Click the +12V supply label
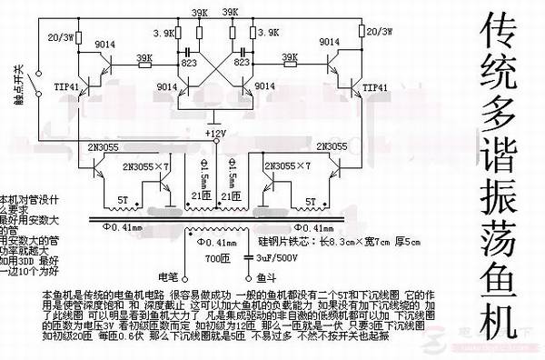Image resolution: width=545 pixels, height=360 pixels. pos(215,134)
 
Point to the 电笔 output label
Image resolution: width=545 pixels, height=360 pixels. pos(169,275)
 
